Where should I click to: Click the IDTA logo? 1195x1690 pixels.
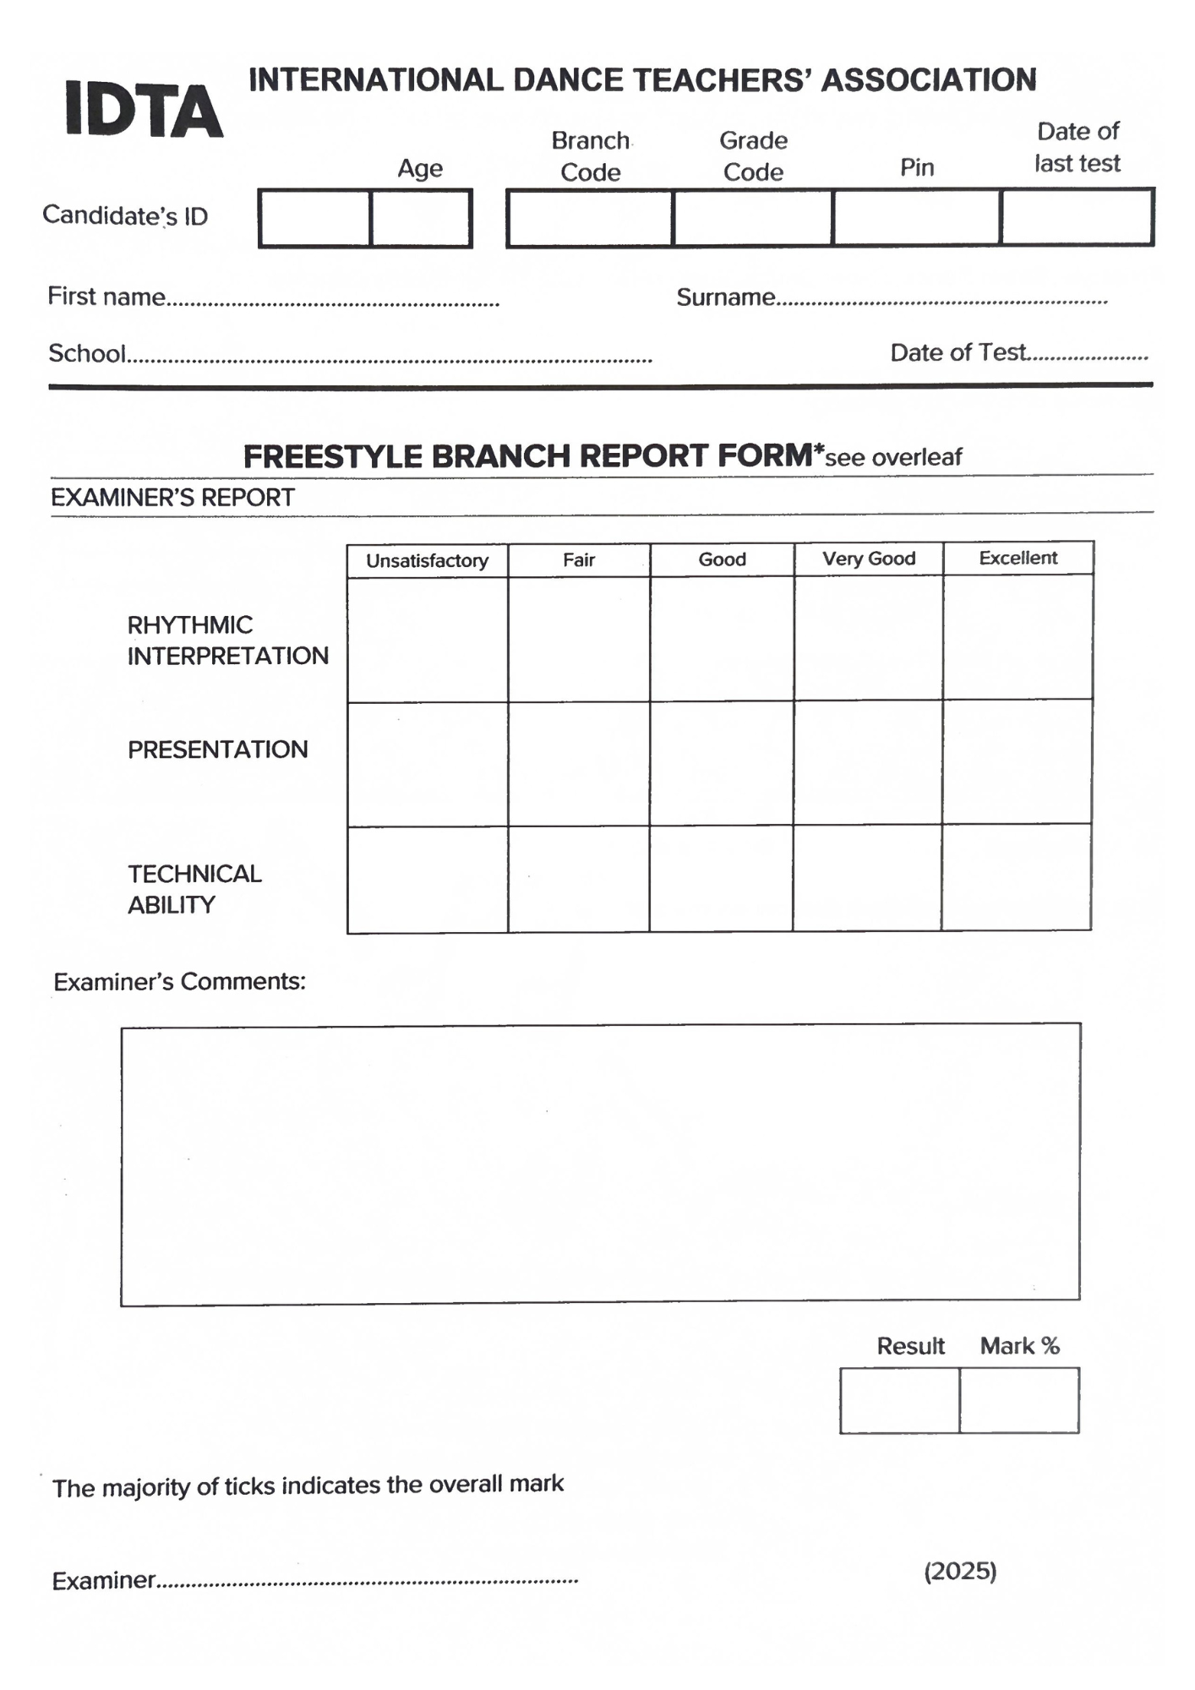[x=144, y=110]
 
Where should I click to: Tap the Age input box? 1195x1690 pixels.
[x=420, y=218]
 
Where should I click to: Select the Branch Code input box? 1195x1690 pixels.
[x=590, y=218]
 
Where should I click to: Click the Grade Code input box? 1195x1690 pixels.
[x=752, y=218]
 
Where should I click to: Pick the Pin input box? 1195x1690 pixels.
[x=916, y=218]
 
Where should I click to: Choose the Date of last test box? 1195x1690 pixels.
[x=1077, y=218]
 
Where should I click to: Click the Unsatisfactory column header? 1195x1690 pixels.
[x=427, y=561]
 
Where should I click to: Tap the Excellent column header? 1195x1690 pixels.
[x=1018, y=559]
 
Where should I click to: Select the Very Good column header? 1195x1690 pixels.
[x=869, y=559]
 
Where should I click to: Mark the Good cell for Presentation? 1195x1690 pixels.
[x=722, y=764]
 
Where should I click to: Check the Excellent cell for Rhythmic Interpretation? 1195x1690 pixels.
[x=1018, y=638]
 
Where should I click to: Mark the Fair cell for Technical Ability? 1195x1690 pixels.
[x=579, y=880]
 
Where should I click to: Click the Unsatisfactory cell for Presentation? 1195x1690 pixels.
[x=427, y=765]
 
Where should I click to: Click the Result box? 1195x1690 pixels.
[x=899, y=1401]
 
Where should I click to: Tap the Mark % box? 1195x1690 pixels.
[x=1019, y=1401]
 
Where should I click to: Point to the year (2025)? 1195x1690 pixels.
[x=960, y=1572]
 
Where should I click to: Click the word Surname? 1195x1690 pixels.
[x=725, y=297]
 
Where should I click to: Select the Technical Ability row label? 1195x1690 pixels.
[x=194, y=889]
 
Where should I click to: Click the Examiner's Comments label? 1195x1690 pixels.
[x=179, y=982]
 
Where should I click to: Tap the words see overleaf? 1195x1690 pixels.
[x=893, y=458]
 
